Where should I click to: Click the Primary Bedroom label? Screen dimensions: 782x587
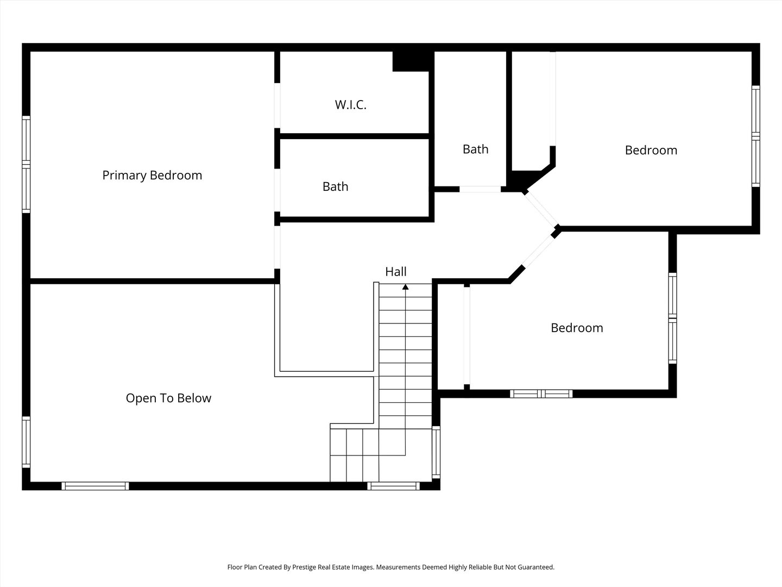tap(152, 176)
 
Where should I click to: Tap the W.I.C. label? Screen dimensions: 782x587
tap(351, 105)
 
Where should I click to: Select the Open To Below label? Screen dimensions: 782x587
tap(168, 398)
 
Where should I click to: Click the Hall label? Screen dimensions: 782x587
tap(395, 272)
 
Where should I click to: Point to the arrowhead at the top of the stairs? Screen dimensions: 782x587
tap(406, 287)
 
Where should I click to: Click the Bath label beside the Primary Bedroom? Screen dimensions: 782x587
tap(335, 186)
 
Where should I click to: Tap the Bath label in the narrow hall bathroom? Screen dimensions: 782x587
tap(475, 149)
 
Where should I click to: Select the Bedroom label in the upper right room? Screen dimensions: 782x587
tap(651, 150)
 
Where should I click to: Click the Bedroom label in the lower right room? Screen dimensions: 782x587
tap(577, 328)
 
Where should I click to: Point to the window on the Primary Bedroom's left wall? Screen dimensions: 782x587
tap(26, 164)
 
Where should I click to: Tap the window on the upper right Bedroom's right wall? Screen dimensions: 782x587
tap(755, 136)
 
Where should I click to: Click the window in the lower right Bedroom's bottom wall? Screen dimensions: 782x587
tap(541, 394)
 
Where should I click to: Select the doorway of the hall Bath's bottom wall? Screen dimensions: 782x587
tap(480, 189)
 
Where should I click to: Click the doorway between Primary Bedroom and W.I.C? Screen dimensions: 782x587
tap(277, 105)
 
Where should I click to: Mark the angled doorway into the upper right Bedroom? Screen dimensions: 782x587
tap(541, 209)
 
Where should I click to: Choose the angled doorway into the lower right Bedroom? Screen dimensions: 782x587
tap(539, 251)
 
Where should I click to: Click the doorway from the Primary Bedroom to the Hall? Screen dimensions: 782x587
tap(277, 247)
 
